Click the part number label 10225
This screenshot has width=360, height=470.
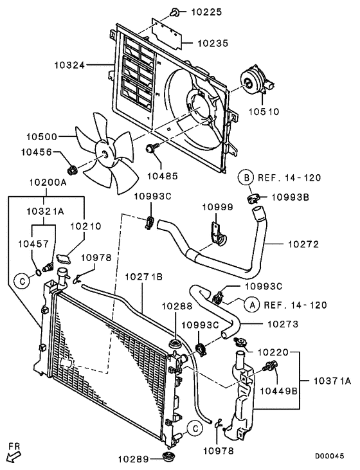click(x=206, y=12)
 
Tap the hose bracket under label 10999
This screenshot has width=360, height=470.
click(x=217, y=235)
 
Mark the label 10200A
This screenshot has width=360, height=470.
click(x=46, y=182)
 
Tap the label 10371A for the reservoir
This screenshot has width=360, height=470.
click(x=332, y=381)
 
